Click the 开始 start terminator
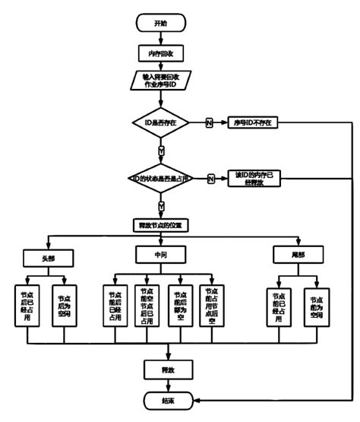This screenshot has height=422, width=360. tap(160, 24)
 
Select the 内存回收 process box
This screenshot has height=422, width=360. tap(160, 53)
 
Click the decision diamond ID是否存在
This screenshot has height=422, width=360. tap(160, 122)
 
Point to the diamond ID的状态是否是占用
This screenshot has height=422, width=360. tap(160, 178)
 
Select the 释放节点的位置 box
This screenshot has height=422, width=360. tap(160, 226)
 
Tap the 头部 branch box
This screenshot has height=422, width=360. tap(49, 257)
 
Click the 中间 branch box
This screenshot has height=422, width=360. tap(160, 252)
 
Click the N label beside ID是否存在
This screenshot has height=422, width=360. tap(209, 122)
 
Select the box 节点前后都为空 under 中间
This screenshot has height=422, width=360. tap(180, 306)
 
